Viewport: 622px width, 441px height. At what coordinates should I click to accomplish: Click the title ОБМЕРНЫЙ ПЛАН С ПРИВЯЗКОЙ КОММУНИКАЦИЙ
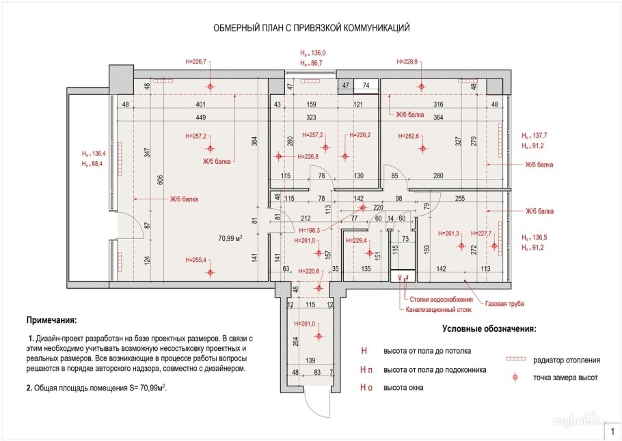(x=311, y=28)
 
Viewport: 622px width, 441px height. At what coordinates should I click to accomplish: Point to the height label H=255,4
(x=196, y=260)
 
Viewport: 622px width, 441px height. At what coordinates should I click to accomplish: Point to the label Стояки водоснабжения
(x=442, y=300)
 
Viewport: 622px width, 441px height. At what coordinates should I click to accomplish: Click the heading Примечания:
(x=51, y=320)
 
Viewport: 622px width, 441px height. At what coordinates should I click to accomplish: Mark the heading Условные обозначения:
(x=489, y=328)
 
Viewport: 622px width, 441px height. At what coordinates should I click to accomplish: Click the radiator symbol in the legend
(x=517, y=359)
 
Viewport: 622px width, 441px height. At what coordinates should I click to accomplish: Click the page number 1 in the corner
(x=612, y=431)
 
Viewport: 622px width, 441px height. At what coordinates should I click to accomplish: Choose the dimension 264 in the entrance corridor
(x=296, y=342)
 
